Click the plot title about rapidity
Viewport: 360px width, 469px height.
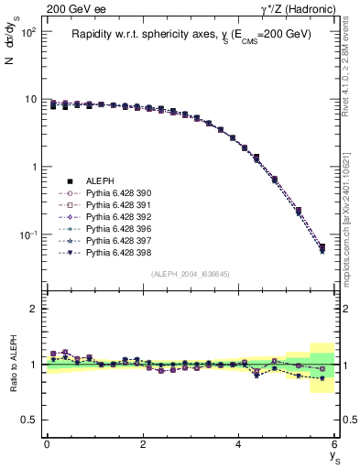191,34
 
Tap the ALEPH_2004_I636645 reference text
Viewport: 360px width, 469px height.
191,275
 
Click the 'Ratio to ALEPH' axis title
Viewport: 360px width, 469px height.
14,365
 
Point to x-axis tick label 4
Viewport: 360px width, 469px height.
239,444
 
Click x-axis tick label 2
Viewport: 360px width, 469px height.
143,444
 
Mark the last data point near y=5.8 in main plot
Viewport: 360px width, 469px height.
322,248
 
